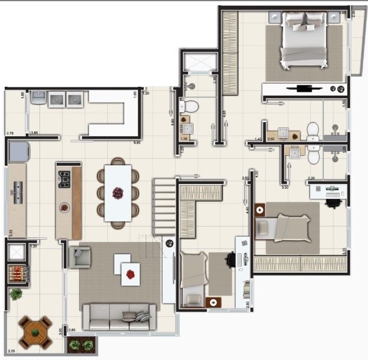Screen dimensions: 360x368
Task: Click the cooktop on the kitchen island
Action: point(64,179)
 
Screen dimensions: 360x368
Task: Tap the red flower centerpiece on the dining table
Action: point(118,192)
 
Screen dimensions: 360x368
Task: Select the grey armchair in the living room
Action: point(80,257)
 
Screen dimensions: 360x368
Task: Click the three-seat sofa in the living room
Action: point(119,316)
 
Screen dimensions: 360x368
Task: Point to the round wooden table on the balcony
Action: point(35,333)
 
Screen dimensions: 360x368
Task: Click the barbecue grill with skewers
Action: point(17,273)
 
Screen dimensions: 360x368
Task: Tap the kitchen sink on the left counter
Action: point(18,192)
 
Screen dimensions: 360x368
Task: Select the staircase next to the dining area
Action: point(165,207)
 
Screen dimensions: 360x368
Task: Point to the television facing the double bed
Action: point(305,89)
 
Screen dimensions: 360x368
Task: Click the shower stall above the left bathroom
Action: point(200,62)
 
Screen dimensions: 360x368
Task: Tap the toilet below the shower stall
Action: point(189,106)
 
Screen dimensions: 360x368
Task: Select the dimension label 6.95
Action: point(136,143)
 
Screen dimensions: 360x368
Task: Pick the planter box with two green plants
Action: point(81,345)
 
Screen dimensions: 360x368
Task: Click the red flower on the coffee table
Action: point(131,273)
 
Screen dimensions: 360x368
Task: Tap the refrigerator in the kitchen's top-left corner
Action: point(18,152)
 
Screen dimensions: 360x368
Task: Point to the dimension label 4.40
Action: point(248,209)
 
